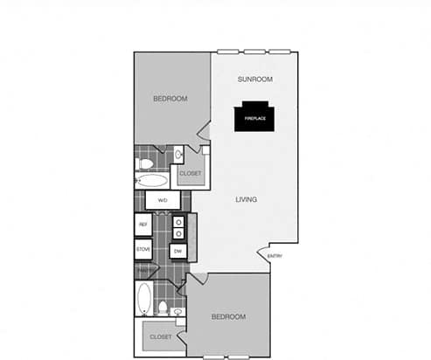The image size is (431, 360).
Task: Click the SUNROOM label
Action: click(x=255, y=80)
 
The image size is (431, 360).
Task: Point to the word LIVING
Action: click(x=247, y=200)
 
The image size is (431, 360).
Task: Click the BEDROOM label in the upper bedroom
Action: click(x=170, y=99)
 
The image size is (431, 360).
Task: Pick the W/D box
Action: click(x=163, y=201)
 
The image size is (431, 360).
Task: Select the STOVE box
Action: click(x=143, y=250)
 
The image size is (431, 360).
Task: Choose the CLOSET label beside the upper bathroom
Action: click(x=191, y=174)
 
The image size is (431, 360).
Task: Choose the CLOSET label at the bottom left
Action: click(x=160, y=336)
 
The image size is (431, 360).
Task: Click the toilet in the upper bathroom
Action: click(x=146, y=163)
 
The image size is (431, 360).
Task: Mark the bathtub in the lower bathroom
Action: click(x=144, y=297)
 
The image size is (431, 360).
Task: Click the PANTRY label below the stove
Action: click(x=143, y=270)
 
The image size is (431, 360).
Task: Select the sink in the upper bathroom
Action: click(x=178, y=156)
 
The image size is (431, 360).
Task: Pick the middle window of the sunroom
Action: click(x=255, y=50)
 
